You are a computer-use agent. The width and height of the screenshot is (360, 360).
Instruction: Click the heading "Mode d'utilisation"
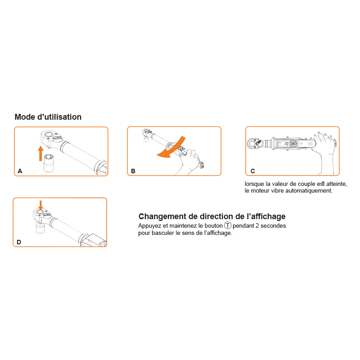[x=48, y=117]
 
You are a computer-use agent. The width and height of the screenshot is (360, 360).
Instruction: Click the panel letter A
[x=20, y=171]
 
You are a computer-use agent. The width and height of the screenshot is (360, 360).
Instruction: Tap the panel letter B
[x=133, y=171]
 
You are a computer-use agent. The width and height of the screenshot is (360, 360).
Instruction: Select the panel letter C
[x=253, y=171]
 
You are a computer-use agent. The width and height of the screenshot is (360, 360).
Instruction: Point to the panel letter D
[x=19, y=242]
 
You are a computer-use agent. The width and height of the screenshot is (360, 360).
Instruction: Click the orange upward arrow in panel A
[x=40, y=153]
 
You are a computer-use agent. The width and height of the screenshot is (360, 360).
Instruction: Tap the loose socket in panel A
[x=49, y=163]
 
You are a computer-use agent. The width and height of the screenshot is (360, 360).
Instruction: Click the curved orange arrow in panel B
[x=173, y=149]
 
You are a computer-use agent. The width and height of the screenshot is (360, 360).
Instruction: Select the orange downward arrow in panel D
[x=40, y=205]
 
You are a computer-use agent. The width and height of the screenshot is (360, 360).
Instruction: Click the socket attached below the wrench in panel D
[x=40, y=228]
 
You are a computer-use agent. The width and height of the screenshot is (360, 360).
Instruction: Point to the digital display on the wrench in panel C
[x=284, y=144]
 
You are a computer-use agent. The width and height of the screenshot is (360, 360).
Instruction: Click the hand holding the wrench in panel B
[x=189, y=162]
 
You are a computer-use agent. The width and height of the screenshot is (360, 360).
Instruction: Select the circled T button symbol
[x=228, y=225]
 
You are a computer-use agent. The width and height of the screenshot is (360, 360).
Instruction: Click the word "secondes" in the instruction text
[x=273, y=226]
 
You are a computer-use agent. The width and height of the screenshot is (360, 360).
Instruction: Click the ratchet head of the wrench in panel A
[x=50, y=139]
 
